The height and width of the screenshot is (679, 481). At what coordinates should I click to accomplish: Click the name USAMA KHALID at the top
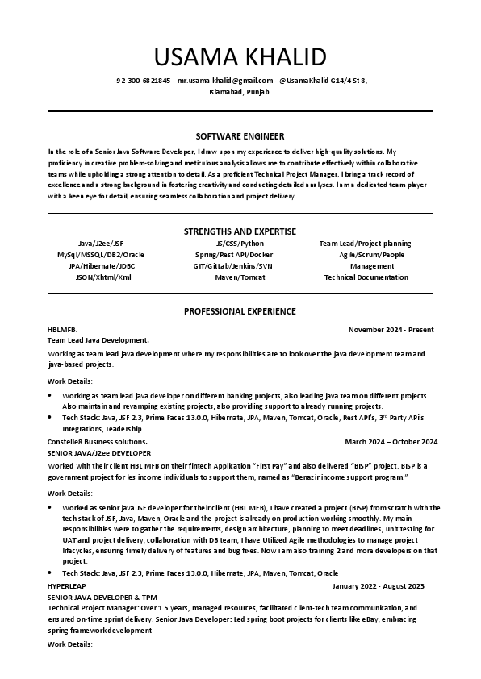(240, 57)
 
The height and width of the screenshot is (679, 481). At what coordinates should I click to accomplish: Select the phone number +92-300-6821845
(142, 81)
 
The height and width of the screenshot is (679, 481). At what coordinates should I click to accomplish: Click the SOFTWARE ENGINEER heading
(240, 135)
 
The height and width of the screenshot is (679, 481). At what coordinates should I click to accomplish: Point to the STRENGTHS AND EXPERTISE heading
(240, 231)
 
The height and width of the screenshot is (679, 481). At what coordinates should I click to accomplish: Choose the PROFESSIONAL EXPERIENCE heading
(240, 311)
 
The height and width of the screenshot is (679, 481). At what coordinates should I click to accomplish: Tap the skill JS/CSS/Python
(240, 244)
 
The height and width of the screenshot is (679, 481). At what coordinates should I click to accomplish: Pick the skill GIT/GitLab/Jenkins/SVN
(232, 266)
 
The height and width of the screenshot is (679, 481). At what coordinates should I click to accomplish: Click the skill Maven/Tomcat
(233, 277)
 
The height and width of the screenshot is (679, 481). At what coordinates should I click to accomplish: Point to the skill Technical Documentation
(366, 277)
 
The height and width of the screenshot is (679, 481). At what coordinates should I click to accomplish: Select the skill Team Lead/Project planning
(365, 244)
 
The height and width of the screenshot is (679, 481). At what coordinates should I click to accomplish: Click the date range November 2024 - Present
(391, 330)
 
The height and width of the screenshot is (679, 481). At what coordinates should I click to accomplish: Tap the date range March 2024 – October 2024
(391, 442)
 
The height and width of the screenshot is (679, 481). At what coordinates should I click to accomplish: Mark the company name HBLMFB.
(62, 330)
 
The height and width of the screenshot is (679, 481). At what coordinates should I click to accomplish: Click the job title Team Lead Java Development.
(98, 340)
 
